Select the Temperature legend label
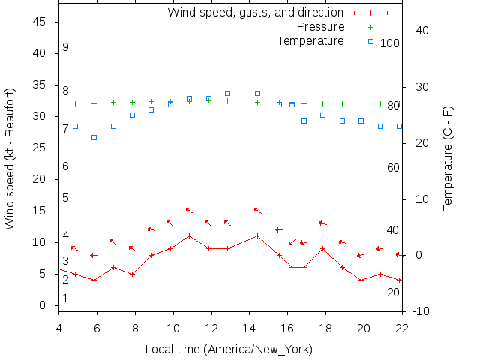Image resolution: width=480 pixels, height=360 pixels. click(310, 40)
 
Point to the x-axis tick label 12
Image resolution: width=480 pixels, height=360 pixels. click(211, 328)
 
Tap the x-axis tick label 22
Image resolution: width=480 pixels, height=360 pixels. click(402, 328)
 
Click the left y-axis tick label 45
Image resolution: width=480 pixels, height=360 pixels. click(40, 22)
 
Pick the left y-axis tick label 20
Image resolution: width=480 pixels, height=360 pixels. click(40, 179)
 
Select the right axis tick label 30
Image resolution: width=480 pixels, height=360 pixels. click(421, 87)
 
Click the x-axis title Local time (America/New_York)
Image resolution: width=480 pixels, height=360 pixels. click(229, 349)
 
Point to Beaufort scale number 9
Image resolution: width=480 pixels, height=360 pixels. click(66, 47)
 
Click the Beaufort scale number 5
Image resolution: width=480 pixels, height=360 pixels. click(66, 198)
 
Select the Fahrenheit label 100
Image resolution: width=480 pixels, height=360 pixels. click(390, 43)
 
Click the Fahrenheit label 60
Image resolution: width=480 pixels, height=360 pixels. click(393, 168)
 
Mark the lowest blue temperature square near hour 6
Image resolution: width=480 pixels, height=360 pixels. click(94, 137)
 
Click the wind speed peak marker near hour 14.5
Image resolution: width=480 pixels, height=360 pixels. click(257, 235)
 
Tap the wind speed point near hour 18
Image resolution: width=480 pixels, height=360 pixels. click(322, 248)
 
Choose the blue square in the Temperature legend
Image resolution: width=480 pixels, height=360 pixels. click(370, 41)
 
